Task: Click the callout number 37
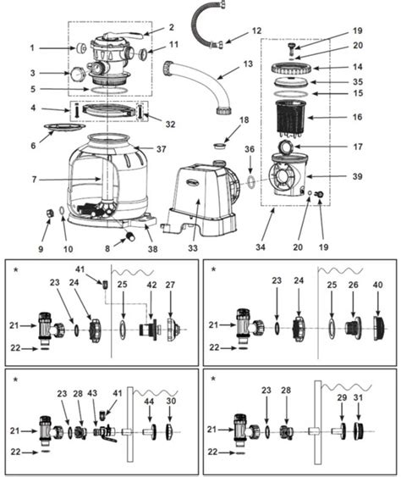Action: click(162, 149)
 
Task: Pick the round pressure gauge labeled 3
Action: click(80, 75)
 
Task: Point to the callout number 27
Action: click(170, 286)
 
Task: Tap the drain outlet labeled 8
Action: click(132, 237)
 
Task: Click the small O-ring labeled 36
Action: click(250, 180)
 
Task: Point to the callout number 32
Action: click(170, 124)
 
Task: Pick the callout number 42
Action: click(152, 286)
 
